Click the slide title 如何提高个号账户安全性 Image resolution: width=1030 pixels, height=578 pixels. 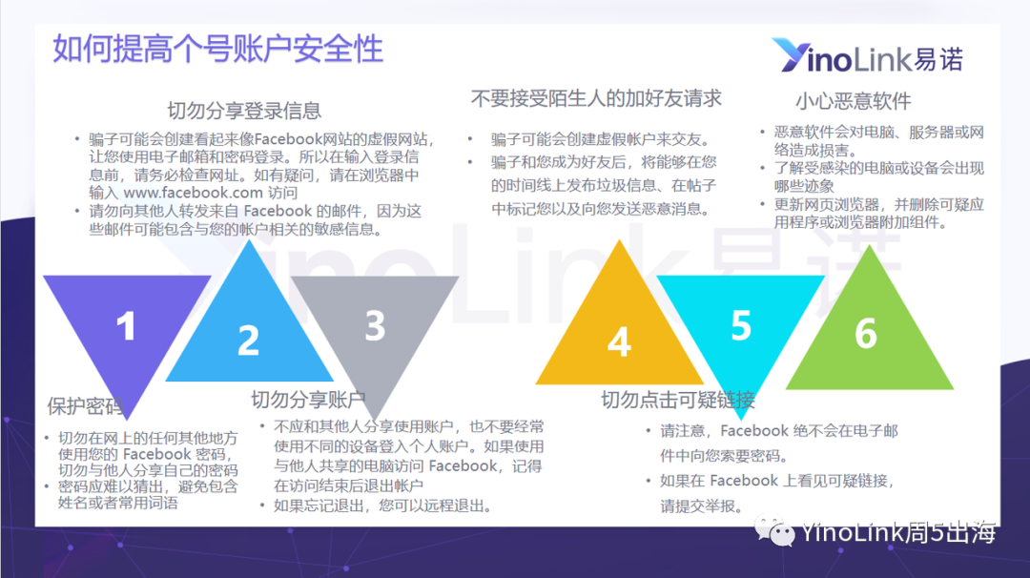coord(217,50)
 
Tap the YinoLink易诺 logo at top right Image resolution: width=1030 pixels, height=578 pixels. coord(867,55)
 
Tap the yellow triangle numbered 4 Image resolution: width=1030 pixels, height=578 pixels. coord(620,327)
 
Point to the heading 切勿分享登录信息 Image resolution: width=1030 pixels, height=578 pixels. coord(244,111)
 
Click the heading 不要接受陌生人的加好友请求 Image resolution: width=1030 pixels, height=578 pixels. coord(596,98)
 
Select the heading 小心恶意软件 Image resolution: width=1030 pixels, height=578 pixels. coord(854,101)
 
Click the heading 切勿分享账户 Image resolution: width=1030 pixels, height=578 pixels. coord(308,400)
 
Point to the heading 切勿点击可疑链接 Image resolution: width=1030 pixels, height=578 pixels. coord(678,400)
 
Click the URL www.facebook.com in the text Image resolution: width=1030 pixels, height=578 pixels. coord(193,193)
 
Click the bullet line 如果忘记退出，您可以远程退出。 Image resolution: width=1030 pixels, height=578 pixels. coord(382,506)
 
